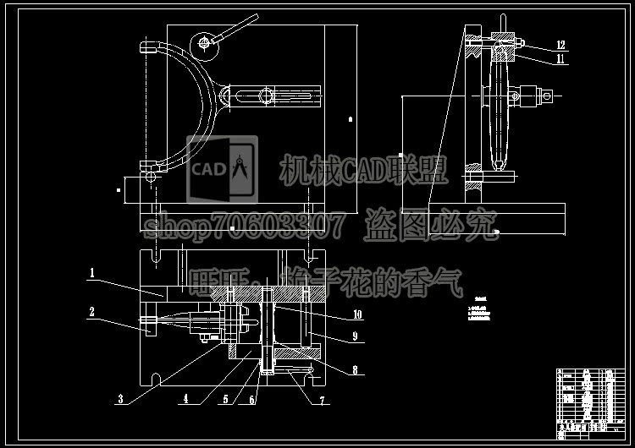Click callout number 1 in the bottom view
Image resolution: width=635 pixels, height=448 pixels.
pyautogui.click(x=92, y=273)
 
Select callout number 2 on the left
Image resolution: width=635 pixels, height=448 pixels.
pyautogui.click(x=92, y=311)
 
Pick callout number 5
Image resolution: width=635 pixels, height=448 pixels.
pyautogui.click(x=226, y=399)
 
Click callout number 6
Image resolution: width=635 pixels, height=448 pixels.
pyautogui.click(x=251, y=399)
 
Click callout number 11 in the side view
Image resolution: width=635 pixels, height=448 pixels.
pyautogui.click(x=560, y=59)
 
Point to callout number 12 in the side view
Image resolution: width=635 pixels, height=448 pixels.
pyautogui.click(x=560, y=44)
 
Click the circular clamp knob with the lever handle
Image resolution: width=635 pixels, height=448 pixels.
pyautogui.click(x=204, y=42)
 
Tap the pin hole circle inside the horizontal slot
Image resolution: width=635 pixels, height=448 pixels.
pyautogui.click(x=267, y=96)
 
